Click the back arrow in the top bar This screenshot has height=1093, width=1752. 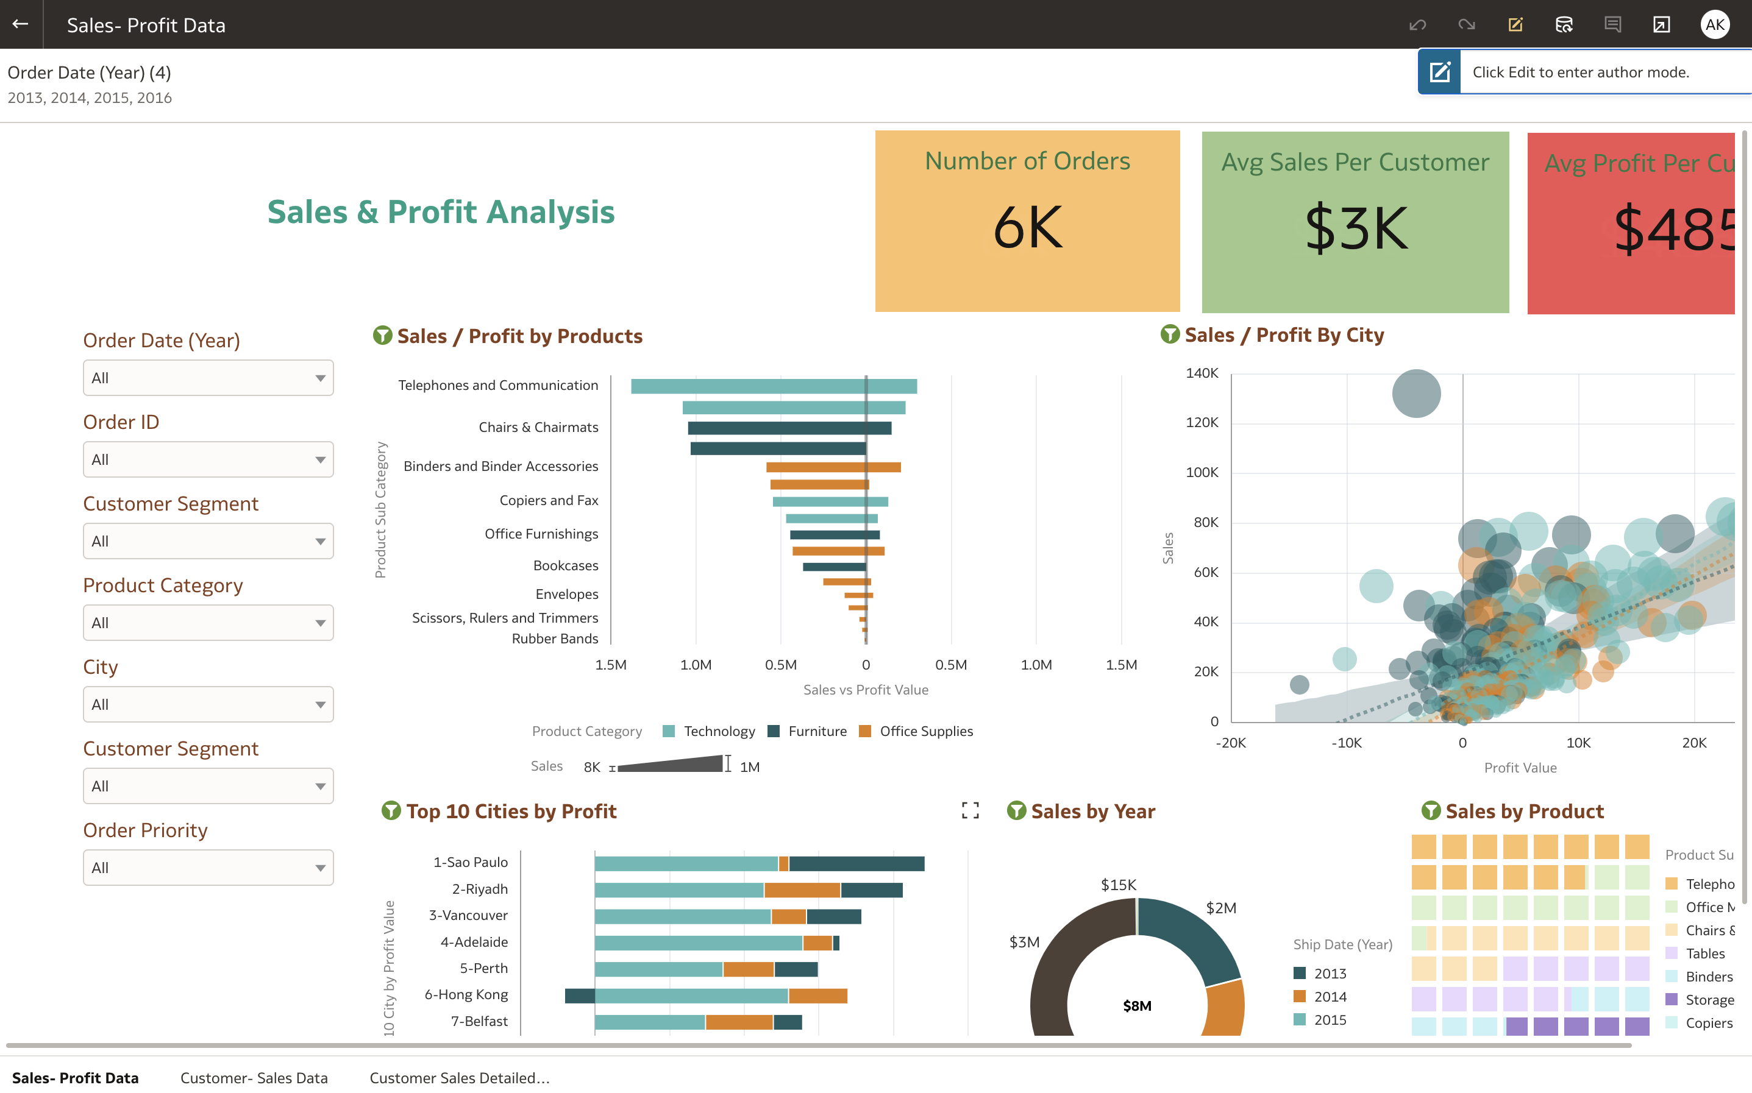coord(20,24)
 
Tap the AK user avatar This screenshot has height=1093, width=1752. coord(1714,24)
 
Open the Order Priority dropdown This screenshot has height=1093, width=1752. coord(207,868)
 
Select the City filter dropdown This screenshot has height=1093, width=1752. coord(207,704)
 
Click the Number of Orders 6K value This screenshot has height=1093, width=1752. coord(1027,228)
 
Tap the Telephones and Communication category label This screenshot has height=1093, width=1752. coord(497,385)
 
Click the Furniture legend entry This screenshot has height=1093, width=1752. coord(816,731)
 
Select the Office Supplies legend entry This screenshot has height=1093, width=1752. coord(925,731)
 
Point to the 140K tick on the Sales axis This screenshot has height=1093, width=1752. coord(1202,373)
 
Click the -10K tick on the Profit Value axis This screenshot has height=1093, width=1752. coord(1347,743)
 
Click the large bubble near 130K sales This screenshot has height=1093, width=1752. coord(1415,393)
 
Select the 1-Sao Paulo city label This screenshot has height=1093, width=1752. coord(470,861)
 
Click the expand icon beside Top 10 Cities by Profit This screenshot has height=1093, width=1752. coord(970,810)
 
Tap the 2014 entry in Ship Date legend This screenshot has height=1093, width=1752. coord(1329,996)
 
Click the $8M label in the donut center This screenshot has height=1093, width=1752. coord(1137,1005)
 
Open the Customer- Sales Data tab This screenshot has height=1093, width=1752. coord(254,1077)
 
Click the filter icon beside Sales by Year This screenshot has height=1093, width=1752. coord(1016,810)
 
